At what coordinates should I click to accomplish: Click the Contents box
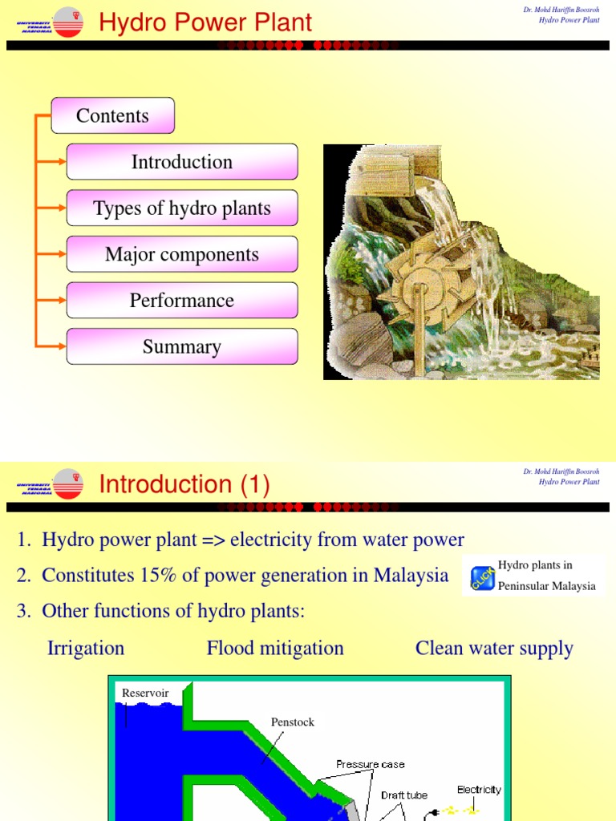(x=112, y=115)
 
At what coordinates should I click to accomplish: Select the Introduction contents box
(x=182, y=162)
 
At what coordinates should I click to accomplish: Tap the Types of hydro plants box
(x=182, y=208)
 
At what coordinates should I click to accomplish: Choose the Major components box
(x=182, y=255)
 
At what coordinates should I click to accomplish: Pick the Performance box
(x=182, y=301)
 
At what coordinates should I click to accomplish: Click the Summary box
(x=182, y=347)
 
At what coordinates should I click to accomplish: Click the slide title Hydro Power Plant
(x=205, y=22)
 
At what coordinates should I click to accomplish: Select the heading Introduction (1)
(x=184, y=484)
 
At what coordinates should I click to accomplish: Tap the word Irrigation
(x=86, y=648)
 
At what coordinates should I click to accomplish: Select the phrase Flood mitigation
(x=275, y=648)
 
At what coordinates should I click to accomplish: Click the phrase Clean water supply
(x=494, y=648)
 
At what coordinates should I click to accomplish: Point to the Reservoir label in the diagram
(x=145, y=693)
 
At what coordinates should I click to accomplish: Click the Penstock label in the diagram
(x=293, y=722)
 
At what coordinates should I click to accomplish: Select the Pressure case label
(x=371, y=764)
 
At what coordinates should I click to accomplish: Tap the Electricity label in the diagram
(x=479, y=789)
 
